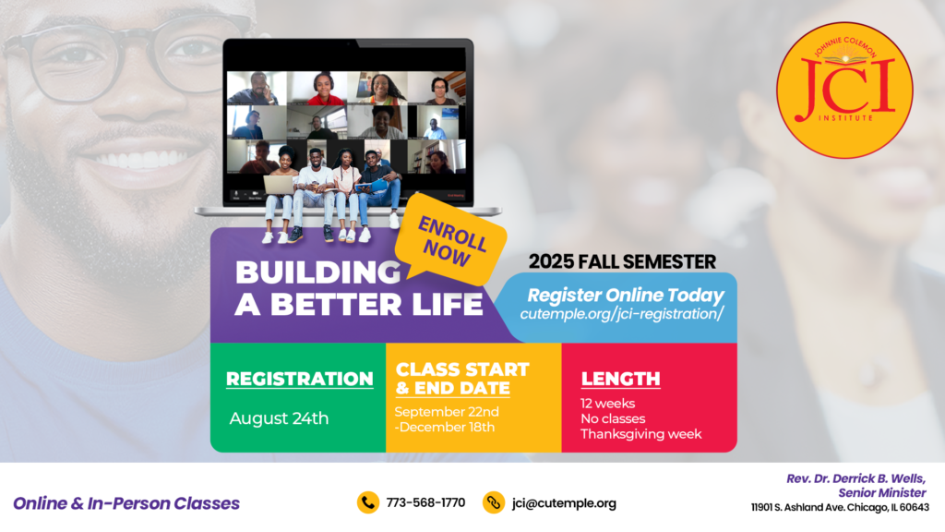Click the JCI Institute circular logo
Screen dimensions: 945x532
pyautogui.click(x=844, y=91)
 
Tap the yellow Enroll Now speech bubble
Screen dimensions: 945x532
pyautogui.click(x=450, y=240)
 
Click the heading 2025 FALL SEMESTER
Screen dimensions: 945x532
pyautogui.click(x=622, y=261)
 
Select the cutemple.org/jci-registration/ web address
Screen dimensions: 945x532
pyautogui.click(x=621, y=314)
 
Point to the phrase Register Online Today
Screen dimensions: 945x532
pyautogui.click(x=626, y=295)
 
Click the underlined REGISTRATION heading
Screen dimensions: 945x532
pyautogui.click(x=300, y=379)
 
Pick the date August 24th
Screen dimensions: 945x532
pyautogui.click(x=279, y=418)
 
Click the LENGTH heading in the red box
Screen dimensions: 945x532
pyautogui.click(x=621, y=379)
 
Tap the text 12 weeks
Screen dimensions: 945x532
pyautogui.click(x=607, y=404)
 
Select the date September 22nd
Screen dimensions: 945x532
pyautogui.click(x=447, y=412)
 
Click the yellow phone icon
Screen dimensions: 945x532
pyautogui.click(x=367, y=502)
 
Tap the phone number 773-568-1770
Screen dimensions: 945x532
pyautogui.click(x=425, y=503)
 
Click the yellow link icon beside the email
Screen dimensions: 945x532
pyautogui.click(x=494, y=502)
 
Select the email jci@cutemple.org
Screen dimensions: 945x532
pyautogui.click(x=564, y=503)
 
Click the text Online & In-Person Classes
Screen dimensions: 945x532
pyautogui.click(x=126, y=503)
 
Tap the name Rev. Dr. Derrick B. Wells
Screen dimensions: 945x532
pyautogui.click(x=855, y=479)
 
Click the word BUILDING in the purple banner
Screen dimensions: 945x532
pyautogui.click(x=317, y=272)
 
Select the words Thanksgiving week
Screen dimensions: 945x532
pyautogui.click(x=641, y=434)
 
